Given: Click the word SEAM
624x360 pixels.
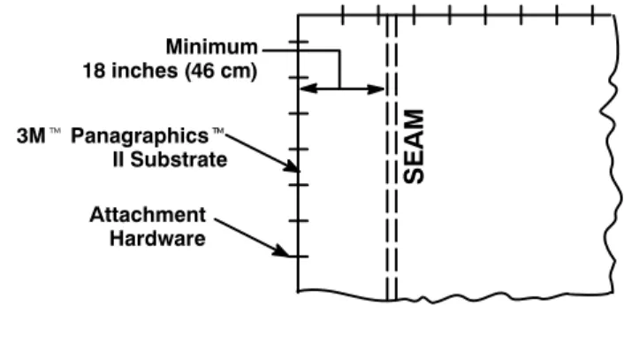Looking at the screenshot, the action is tap(414, 147).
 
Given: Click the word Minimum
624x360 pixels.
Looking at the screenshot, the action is tap(212, 47).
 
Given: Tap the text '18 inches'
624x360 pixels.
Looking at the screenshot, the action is tap(130, 71).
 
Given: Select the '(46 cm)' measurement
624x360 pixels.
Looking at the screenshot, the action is tap(221, 72).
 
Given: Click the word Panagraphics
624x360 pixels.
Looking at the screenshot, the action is tap(140, 136).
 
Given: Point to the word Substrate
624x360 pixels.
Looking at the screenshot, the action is tap(179, 160).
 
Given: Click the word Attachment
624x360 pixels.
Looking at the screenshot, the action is tap(148, 215).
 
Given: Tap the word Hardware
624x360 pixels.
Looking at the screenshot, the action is tap(157, 239).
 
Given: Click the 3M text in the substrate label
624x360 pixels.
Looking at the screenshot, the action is tap(31, 136).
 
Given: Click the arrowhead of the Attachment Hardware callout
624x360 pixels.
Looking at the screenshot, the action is tap(284, 252).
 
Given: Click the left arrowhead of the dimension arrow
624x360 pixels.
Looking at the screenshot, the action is tap(308, 88).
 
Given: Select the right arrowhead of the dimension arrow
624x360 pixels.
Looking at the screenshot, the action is tap(376, 88).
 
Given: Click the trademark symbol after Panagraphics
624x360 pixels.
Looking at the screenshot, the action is tap(218, 131).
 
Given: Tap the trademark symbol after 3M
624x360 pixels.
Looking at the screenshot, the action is tap(55, 131).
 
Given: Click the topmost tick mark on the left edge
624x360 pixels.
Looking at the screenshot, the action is tap(299, 42).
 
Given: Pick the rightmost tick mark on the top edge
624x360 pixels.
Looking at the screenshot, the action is tap(593, 15).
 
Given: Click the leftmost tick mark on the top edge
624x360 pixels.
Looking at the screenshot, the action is tap(343, 15).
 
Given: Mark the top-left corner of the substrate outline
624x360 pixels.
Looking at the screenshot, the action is tap(299, 15).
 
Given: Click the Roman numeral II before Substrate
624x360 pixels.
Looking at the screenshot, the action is tap(118, 160).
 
